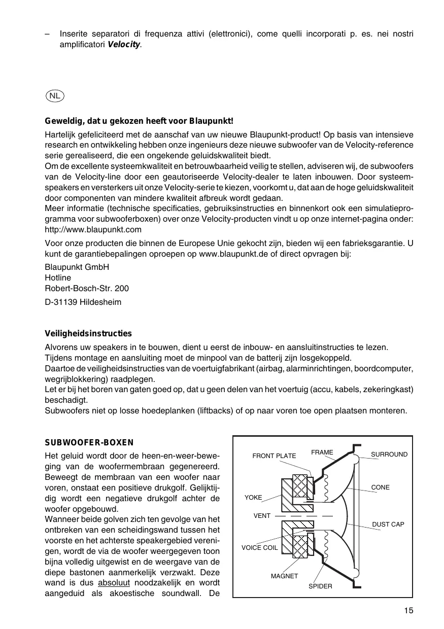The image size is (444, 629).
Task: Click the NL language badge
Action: pyautogui.click(x=54, y=95)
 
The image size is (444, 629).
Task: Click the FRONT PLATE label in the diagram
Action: pyautogui.click(x=274, y=456)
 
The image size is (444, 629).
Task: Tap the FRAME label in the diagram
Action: pyautogui.click(x=322, y=452)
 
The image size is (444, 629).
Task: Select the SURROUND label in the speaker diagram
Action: pyautogui.click(x=389, y=455)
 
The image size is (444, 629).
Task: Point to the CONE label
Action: pyautogui.click(x=381, y=487)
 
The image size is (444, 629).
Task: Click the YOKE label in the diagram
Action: pyautogui.click(x=253, y=498)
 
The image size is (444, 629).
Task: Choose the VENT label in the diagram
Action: pyautogui.click(x=262, y=516)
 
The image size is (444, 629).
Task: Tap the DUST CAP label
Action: pyautogui.click(x=388, y=524)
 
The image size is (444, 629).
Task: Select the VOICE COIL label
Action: pyautogui.click(x=259, y=548)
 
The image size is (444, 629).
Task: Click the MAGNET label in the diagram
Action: pyautogui.click(x=284, y=576)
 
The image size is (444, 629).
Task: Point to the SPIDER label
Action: pyautogui.click(x=320, y=586)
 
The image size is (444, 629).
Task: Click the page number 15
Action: pyautogui.click(x=409, y=611)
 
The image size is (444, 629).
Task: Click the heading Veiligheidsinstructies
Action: pyautogui.click(x=88, y=334)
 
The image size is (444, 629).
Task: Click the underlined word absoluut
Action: pyautogui.click(x=115, y=583)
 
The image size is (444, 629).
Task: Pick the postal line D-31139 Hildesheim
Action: pyautogui.click(x=83, y=302)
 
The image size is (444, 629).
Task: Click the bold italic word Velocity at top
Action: pyautogui.click(x=124, y=45)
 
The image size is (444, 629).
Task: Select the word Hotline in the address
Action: pyautogui.click(x=58, y=278)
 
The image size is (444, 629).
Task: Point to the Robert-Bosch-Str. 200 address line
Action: pyautogui.click(x=87, y=289)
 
